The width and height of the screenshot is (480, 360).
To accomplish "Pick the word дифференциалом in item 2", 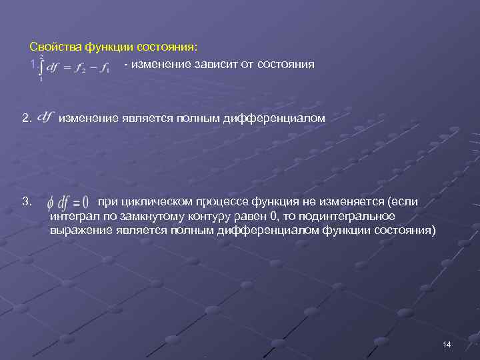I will point(283,119).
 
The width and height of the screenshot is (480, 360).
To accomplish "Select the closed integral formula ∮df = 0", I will point(69,202).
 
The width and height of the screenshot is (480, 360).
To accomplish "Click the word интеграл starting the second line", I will point(72,217).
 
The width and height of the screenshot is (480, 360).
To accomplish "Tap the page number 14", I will point(446,345).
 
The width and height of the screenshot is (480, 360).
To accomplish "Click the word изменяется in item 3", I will point(346,201).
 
